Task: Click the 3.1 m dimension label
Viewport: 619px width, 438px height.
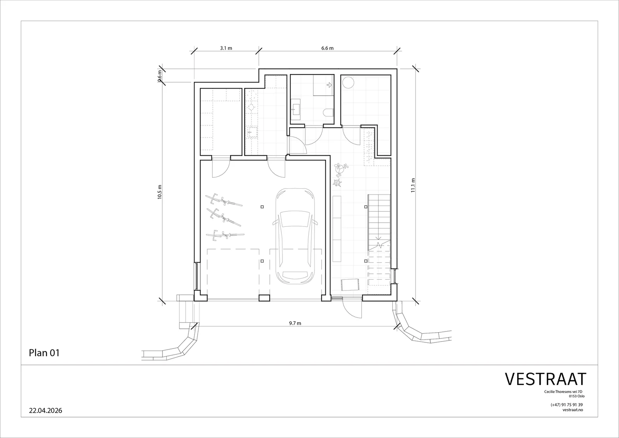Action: (x=226, y=48)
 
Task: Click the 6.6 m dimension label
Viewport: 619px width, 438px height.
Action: (x=327, y=48)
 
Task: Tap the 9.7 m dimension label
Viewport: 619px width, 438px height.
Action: (x=295, y=323)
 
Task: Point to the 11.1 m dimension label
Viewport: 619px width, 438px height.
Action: (x=413, y=185)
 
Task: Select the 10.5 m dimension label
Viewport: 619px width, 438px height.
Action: (x=159, y=192)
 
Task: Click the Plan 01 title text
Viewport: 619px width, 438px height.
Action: (x=44, y=353)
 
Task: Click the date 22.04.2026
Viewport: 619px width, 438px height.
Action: (x=46, y=411)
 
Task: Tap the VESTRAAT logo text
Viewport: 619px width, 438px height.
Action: (x=545, y=379)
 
